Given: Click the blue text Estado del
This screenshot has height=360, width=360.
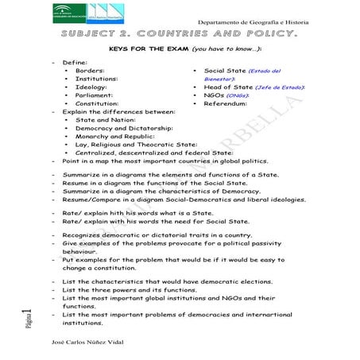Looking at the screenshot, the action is tap(265, 71).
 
